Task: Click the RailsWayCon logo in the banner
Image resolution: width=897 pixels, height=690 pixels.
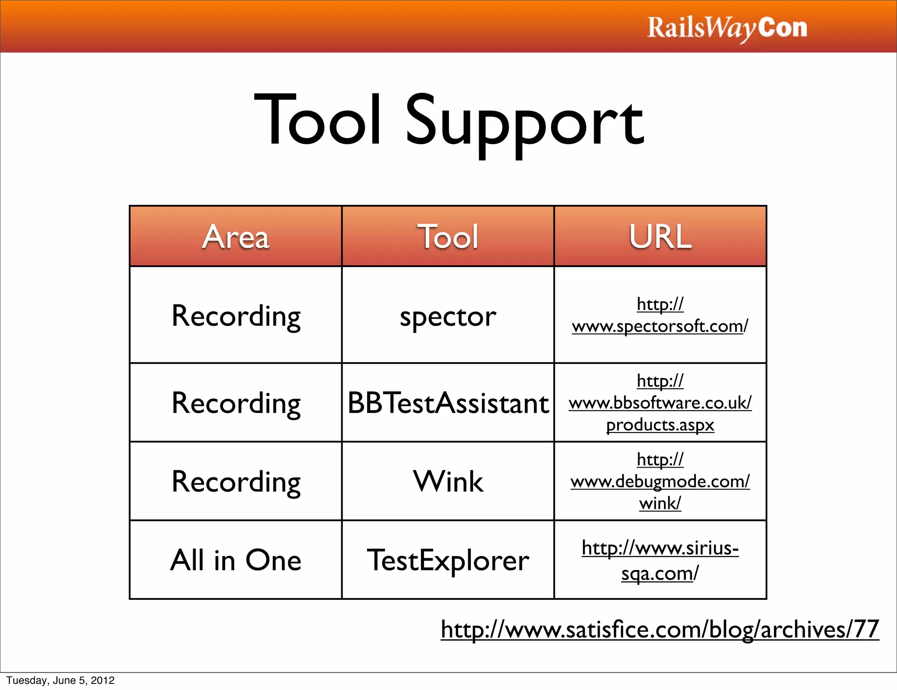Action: click(727, 28)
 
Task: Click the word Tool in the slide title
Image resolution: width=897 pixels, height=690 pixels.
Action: click(318, 120)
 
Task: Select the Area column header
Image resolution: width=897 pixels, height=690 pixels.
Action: click(236, 237)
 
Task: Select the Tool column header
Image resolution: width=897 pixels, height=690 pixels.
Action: click(448, 237)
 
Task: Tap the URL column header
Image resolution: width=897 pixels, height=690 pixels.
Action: click(660, 237)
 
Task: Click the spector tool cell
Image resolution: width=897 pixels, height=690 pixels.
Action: click(448, 316)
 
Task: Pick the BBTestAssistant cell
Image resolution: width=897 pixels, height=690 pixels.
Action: click(448, 403)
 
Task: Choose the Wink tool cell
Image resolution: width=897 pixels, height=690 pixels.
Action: click(448, 481)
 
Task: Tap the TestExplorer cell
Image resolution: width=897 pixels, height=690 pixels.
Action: click(448, 560)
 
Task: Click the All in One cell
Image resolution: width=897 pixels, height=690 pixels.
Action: click(236, 560)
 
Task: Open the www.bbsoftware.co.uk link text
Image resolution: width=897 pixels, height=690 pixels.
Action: click(660, 403)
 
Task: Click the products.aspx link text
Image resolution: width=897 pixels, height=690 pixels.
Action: click(660, 425)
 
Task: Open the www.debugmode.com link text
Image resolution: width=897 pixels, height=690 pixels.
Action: click(660, 482)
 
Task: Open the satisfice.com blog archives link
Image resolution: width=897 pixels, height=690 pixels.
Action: click(660, 630)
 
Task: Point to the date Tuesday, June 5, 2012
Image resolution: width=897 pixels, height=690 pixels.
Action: click(60, 680)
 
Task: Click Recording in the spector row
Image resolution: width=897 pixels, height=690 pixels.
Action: click(236, 316)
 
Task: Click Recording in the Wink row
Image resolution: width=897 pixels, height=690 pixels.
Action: click(236, 482)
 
